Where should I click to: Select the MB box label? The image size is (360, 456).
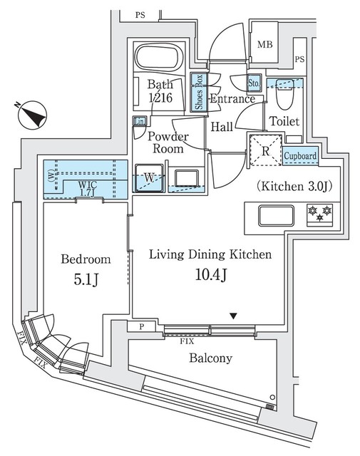click(265, 44)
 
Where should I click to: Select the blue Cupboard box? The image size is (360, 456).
click(301, 155)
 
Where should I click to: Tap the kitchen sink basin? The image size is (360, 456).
click(272, 214)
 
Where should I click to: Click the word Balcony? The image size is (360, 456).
click(210, 358)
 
